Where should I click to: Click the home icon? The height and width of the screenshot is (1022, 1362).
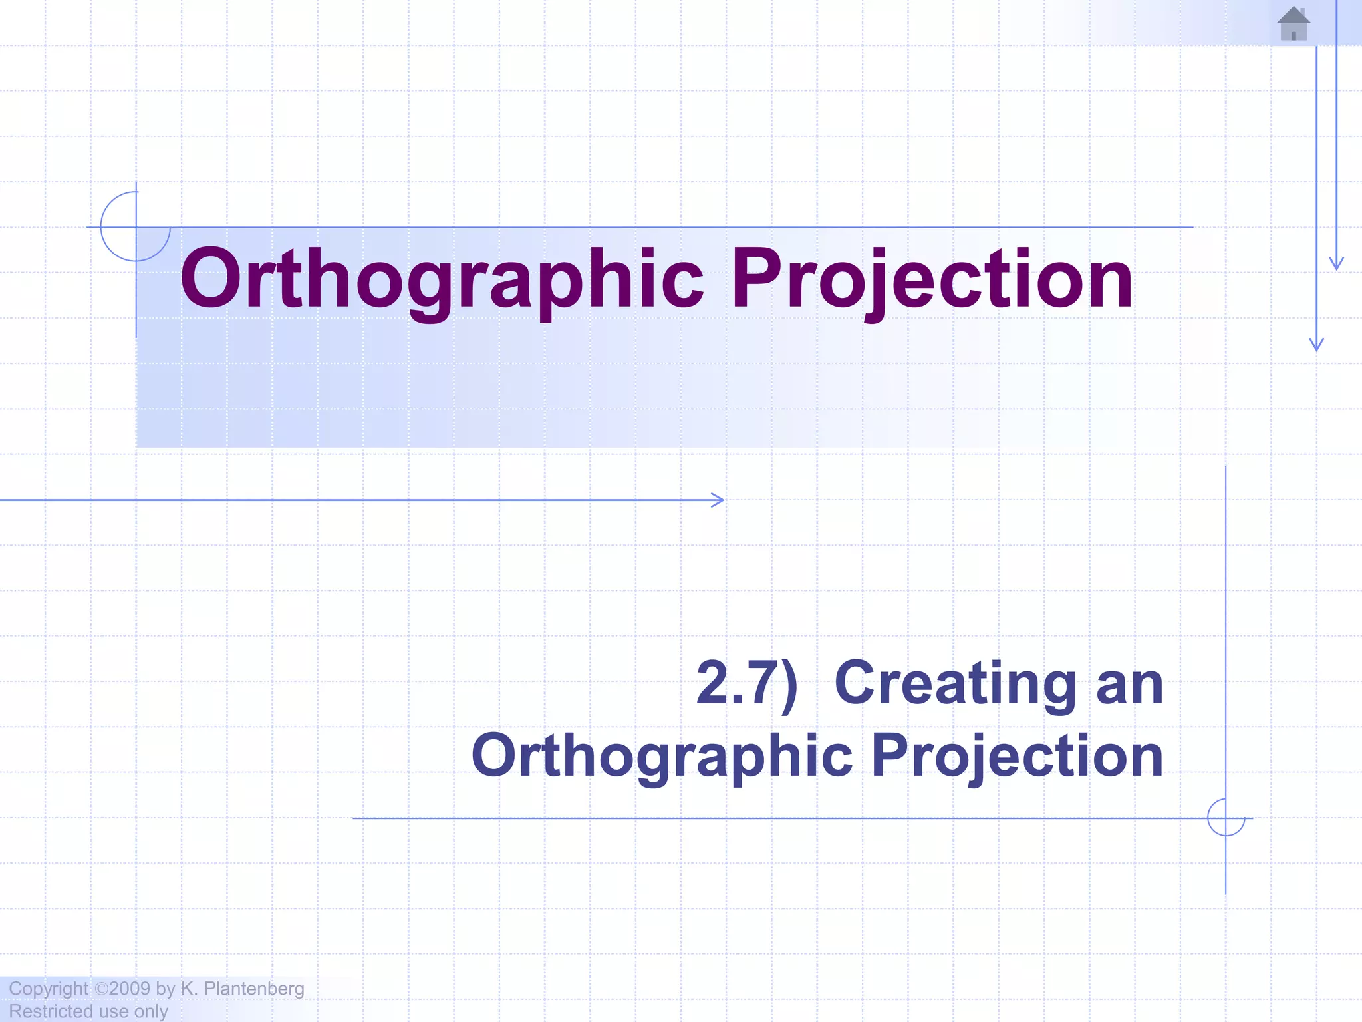1294,24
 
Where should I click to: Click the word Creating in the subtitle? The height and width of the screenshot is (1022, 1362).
955,684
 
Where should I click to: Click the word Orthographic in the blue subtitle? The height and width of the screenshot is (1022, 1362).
662,756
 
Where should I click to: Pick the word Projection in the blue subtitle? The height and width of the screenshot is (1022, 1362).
1017,756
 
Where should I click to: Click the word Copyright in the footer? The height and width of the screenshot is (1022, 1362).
48,989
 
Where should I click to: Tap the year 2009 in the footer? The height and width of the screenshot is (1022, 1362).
130,988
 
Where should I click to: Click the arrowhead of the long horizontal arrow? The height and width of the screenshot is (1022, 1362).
719,500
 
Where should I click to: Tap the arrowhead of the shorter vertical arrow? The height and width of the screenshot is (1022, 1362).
1336,264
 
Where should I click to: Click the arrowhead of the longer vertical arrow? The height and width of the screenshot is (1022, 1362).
1316,345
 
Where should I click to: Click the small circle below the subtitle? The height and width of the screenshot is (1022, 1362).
1226,818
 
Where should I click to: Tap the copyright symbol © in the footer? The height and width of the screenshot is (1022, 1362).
100,988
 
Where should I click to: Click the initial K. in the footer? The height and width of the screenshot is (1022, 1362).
189,988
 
